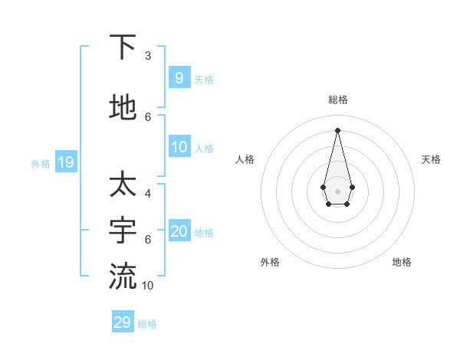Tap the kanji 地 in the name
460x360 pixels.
(123, 107)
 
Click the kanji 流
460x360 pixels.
(123, 275)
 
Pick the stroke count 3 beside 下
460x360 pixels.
(148, 56)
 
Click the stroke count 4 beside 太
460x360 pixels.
(148, 194)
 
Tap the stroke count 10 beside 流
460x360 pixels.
(148, 286)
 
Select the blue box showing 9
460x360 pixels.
(179, 77)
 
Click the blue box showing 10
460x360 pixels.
(179, 147)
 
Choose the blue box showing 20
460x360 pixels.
(179, 231)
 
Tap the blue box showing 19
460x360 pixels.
(66, 162)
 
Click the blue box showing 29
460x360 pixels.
(123, 322)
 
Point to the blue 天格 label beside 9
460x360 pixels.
(204, 80)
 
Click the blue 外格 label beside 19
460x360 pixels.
(41, 163)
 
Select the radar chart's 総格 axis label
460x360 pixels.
(338, 100)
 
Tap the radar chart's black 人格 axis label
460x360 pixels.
(245, 159)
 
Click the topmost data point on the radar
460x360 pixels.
(337, 129)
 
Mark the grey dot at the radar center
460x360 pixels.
(337, 191)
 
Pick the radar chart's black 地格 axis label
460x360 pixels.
(402, 262)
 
